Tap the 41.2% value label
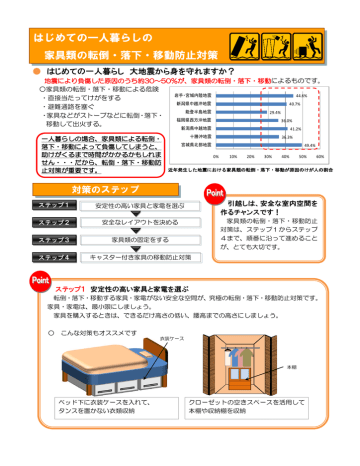[x=296, y=130]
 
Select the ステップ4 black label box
[x=35, y=257]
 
